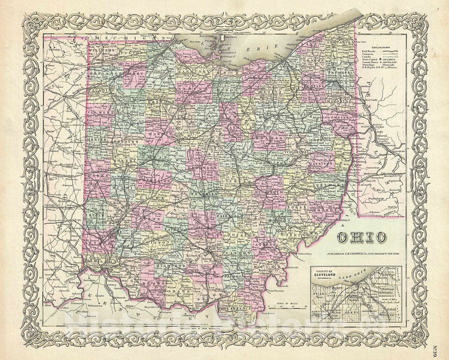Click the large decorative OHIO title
[362, 237]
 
